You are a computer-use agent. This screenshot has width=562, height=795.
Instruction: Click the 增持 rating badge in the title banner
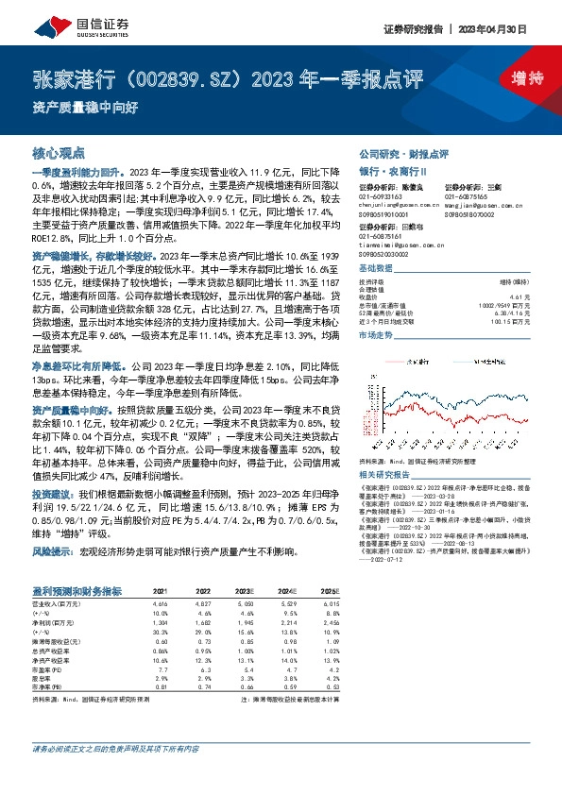point(515,78)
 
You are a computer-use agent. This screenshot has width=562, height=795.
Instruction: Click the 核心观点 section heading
point(58,152)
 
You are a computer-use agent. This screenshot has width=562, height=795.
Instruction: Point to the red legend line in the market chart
point(408,334)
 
